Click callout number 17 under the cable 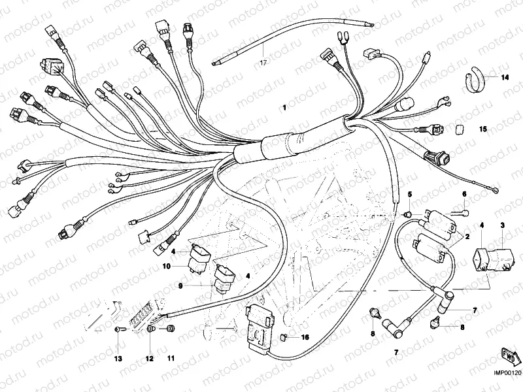tap(263, 63)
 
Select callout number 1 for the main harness tap(284, 107)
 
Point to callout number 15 tap(484, 129)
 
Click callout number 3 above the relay tap(503, 225)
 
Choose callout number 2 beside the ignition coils tap(467, 237)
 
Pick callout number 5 tap(411, 195)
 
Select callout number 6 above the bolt tap(465, 194)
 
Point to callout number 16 tap(304, 337)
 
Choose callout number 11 tap(171, 359)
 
